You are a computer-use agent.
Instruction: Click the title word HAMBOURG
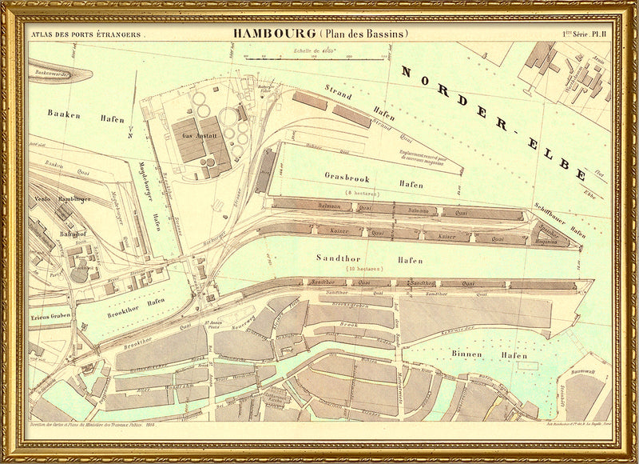[274, 34]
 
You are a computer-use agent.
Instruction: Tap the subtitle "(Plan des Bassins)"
[364, 34]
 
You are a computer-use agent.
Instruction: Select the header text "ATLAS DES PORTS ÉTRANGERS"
[85, 34]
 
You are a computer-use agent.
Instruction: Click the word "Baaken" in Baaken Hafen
[64, 115]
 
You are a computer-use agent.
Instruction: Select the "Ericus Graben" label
[49, 315]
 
